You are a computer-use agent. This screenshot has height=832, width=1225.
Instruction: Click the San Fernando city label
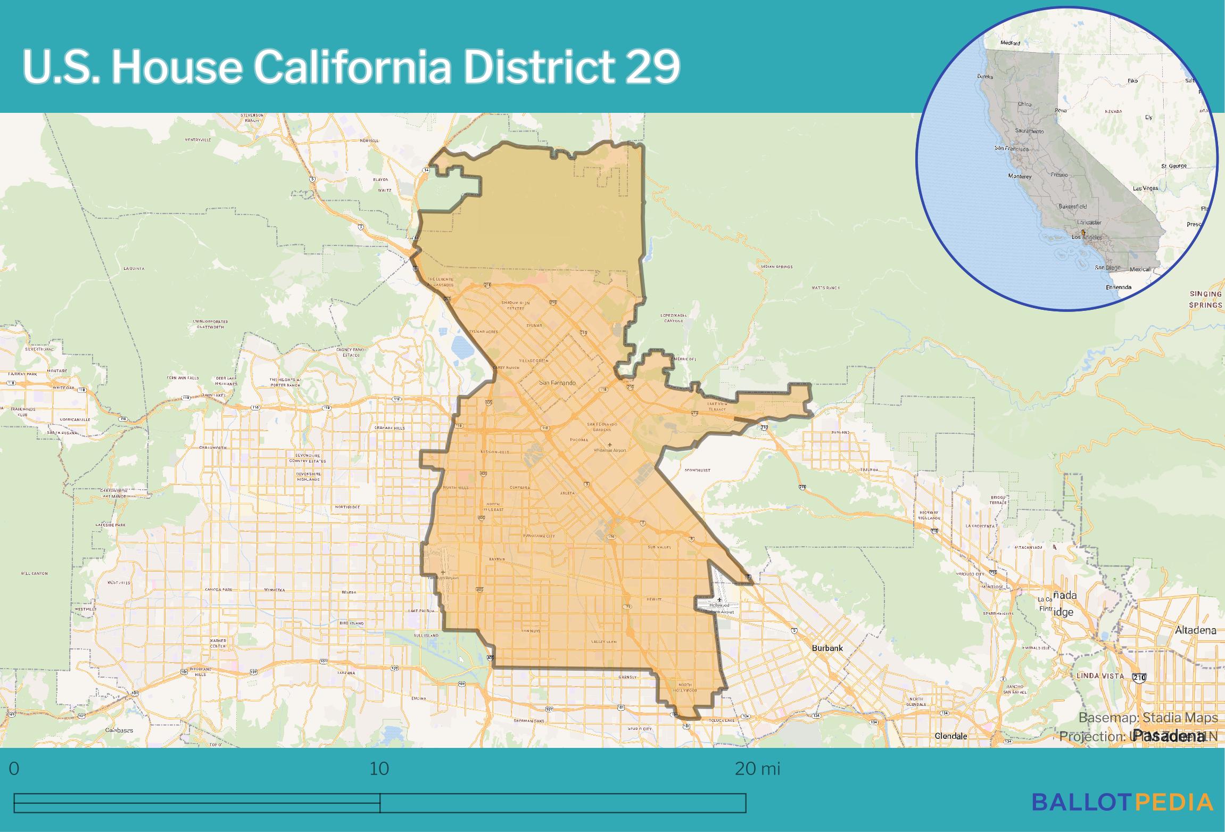(x=557, y=383)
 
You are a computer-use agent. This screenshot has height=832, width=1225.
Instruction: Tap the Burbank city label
(x=827, y=648)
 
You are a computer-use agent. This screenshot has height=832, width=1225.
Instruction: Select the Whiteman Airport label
(x=610, y=450)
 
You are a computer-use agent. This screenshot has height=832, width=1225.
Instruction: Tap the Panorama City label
(x=539, y=536)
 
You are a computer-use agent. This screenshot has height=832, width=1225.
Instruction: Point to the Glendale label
(x=951, y=736)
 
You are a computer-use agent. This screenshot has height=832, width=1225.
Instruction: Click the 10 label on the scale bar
(x=379, y=769)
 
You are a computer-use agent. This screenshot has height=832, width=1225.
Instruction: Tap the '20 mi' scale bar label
(x=757, y=769)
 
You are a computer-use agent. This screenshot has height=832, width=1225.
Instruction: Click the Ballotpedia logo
(x=1123, y=802)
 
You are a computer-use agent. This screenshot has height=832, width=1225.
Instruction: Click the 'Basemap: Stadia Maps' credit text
(x=1148, y=718)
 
